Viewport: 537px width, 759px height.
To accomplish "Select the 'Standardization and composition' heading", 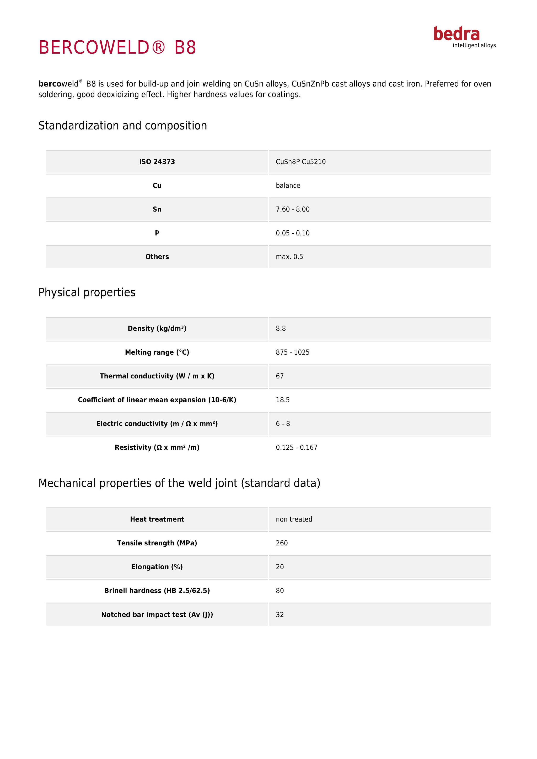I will click(123, 126).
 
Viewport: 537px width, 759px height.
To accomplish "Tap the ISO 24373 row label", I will click(157, 162).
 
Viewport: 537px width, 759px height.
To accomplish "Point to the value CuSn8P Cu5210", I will click(300, 162).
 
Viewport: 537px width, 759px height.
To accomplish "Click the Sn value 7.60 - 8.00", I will click(293, 209).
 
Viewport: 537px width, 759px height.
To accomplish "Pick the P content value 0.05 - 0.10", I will click(293, 233).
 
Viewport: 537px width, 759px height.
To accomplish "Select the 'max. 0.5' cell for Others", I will click(289, 257).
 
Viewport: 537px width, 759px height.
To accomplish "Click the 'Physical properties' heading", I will click(87, 292).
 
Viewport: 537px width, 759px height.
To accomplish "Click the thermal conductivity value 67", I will click(280, 376).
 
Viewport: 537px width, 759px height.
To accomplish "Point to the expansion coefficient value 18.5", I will click(283, 400).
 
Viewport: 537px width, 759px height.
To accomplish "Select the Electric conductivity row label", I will click(157, 424).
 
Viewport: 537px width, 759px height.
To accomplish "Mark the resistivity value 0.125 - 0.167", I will click(297, 447).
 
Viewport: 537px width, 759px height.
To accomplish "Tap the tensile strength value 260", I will click(282, 543).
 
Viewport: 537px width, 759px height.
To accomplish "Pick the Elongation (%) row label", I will click(157, 567).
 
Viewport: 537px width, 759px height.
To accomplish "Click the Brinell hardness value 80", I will click(280, 590).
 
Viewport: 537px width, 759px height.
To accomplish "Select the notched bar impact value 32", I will click(280, 615).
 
